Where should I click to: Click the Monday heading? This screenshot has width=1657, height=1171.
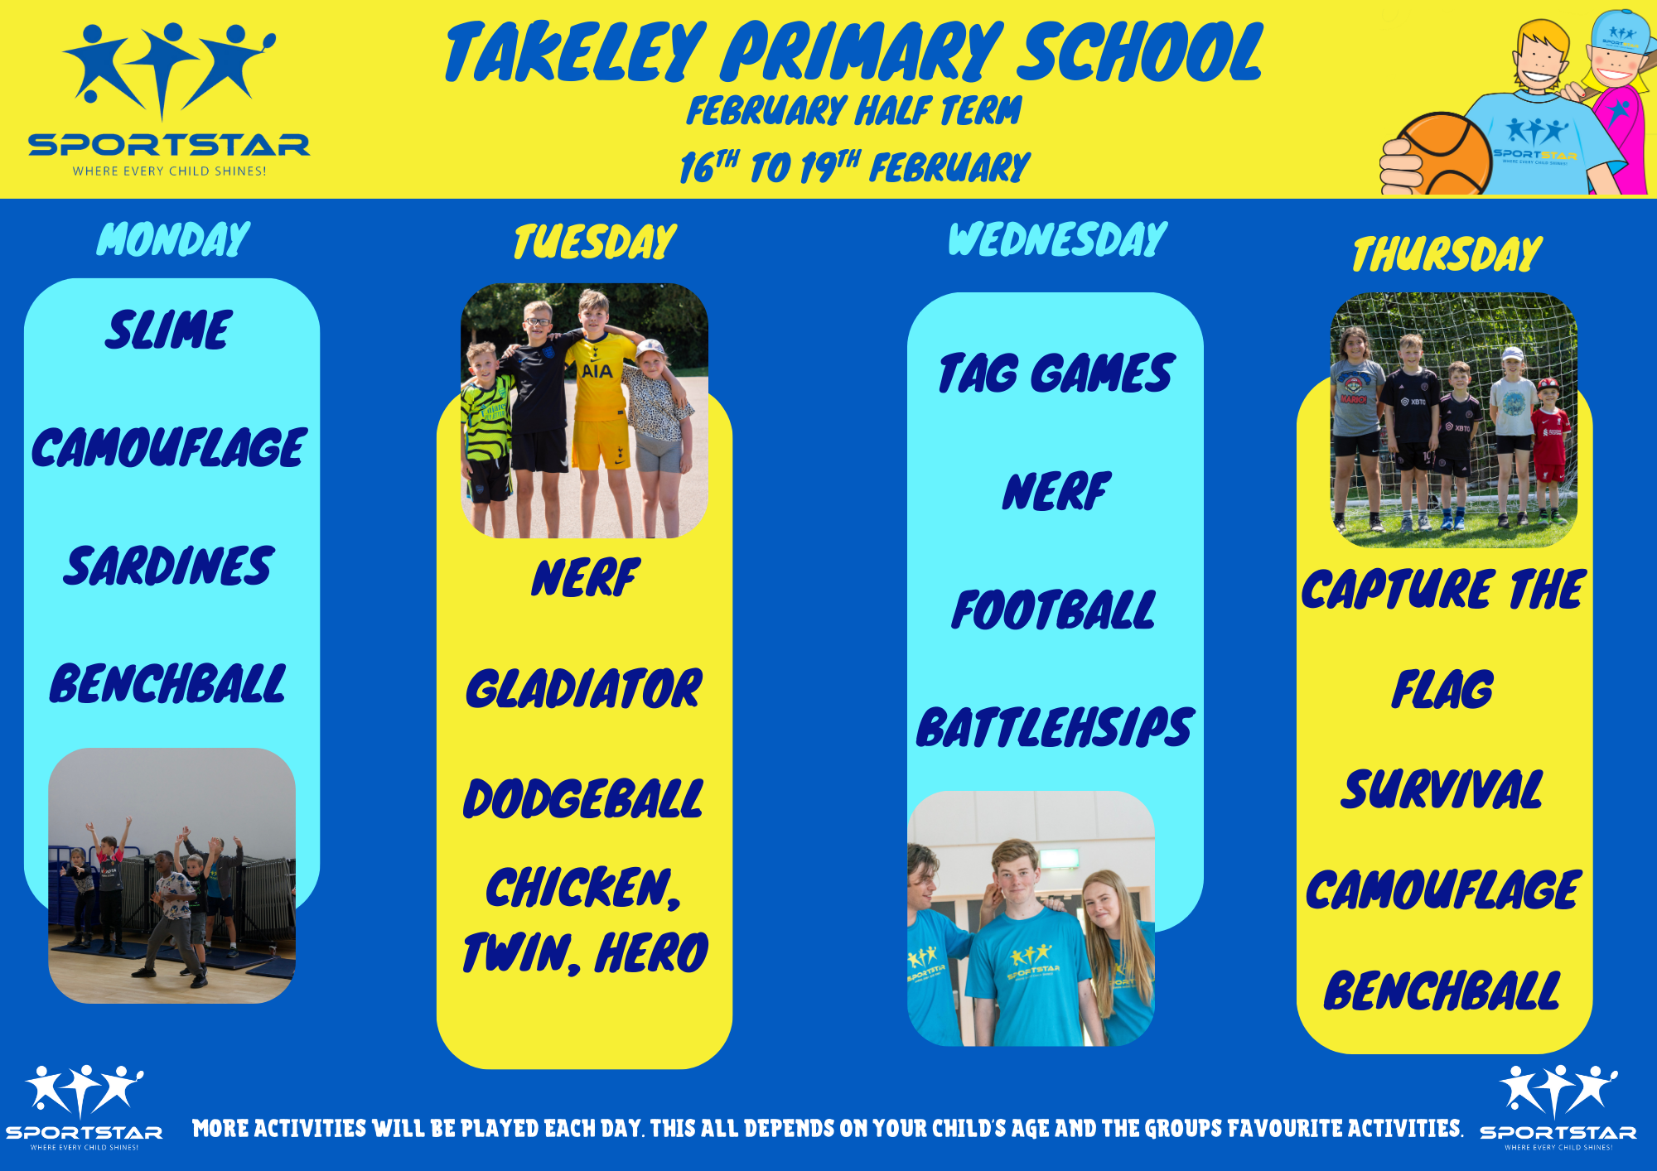pyautogui.click(x=173, y=239)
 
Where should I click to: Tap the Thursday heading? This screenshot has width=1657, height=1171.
pyautogui.click(x=1447, y=253)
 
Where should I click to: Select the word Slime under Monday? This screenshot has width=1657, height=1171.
pyautogui.click(x=168, y=330)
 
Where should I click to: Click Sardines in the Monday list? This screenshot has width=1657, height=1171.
pyautogui.click(x=168, y=566)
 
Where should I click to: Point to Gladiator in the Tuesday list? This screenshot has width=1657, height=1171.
pyautogui.click(x=584, y=689)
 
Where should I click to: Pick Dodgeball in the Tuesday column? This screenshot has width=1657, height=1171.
pyautogui.click(x=583, y=799)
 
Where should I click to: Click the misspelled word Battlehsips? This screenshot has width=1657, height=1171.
pyautogui.click(x=1055, y=727)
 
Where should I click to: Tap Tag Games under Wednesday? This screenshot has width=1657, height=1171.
pyautogui.click(x=1056, y=373)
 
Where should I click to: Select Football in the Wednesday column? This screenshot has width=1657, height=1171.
pyautogui.click(x=1053, y=610)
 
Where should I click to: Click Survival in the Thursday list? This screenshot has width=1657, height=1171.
pyautogui.click(x=1442, y=789)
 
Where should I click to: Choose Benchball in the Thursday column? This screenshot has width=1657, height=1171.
pyautogui.click(x=1442, y=991)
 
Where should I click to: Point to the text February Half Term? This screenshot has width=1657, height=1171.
pyautogui.click(x=854, y=111)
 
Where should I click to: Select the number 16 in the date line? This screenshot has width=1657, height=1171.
pyautogui.click(x=697, y=168)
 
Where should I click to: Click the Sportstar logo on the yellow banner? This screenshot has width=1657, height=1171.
pyautogui.click(x=169, y=100)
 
